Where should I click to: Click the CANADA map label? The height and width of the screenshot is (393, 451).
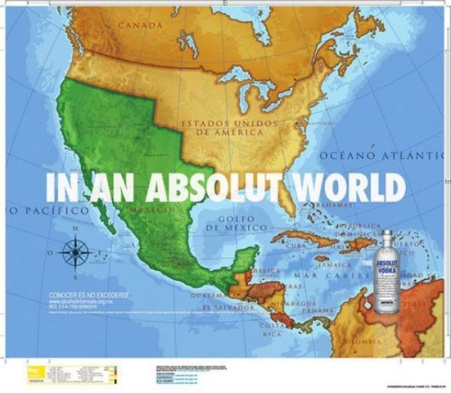click(139, 25)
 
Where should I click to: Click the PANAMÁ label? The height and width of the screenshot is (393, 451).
click(318, 310)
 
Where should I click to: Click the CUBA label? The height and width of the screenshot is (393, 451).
click(295, 245)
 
